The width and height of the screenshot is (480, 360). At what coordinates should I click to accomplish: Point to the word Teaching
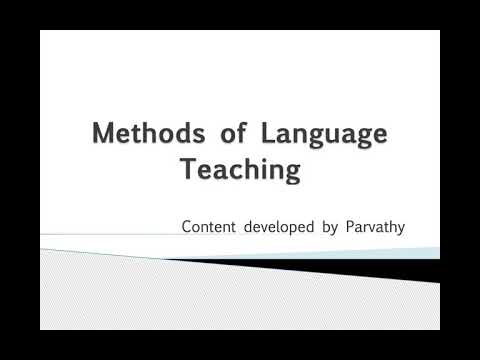[x=239, y=170]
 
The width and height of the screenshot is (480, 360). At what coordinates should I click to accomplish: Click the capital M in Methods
[x=101, y=134]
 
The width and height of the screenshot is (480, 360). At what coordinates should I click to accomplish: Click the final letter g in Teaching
[x=292, y=173]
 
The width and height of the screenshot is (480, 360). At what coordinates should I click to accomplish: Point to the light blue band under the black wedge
[x=400, y=255]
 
